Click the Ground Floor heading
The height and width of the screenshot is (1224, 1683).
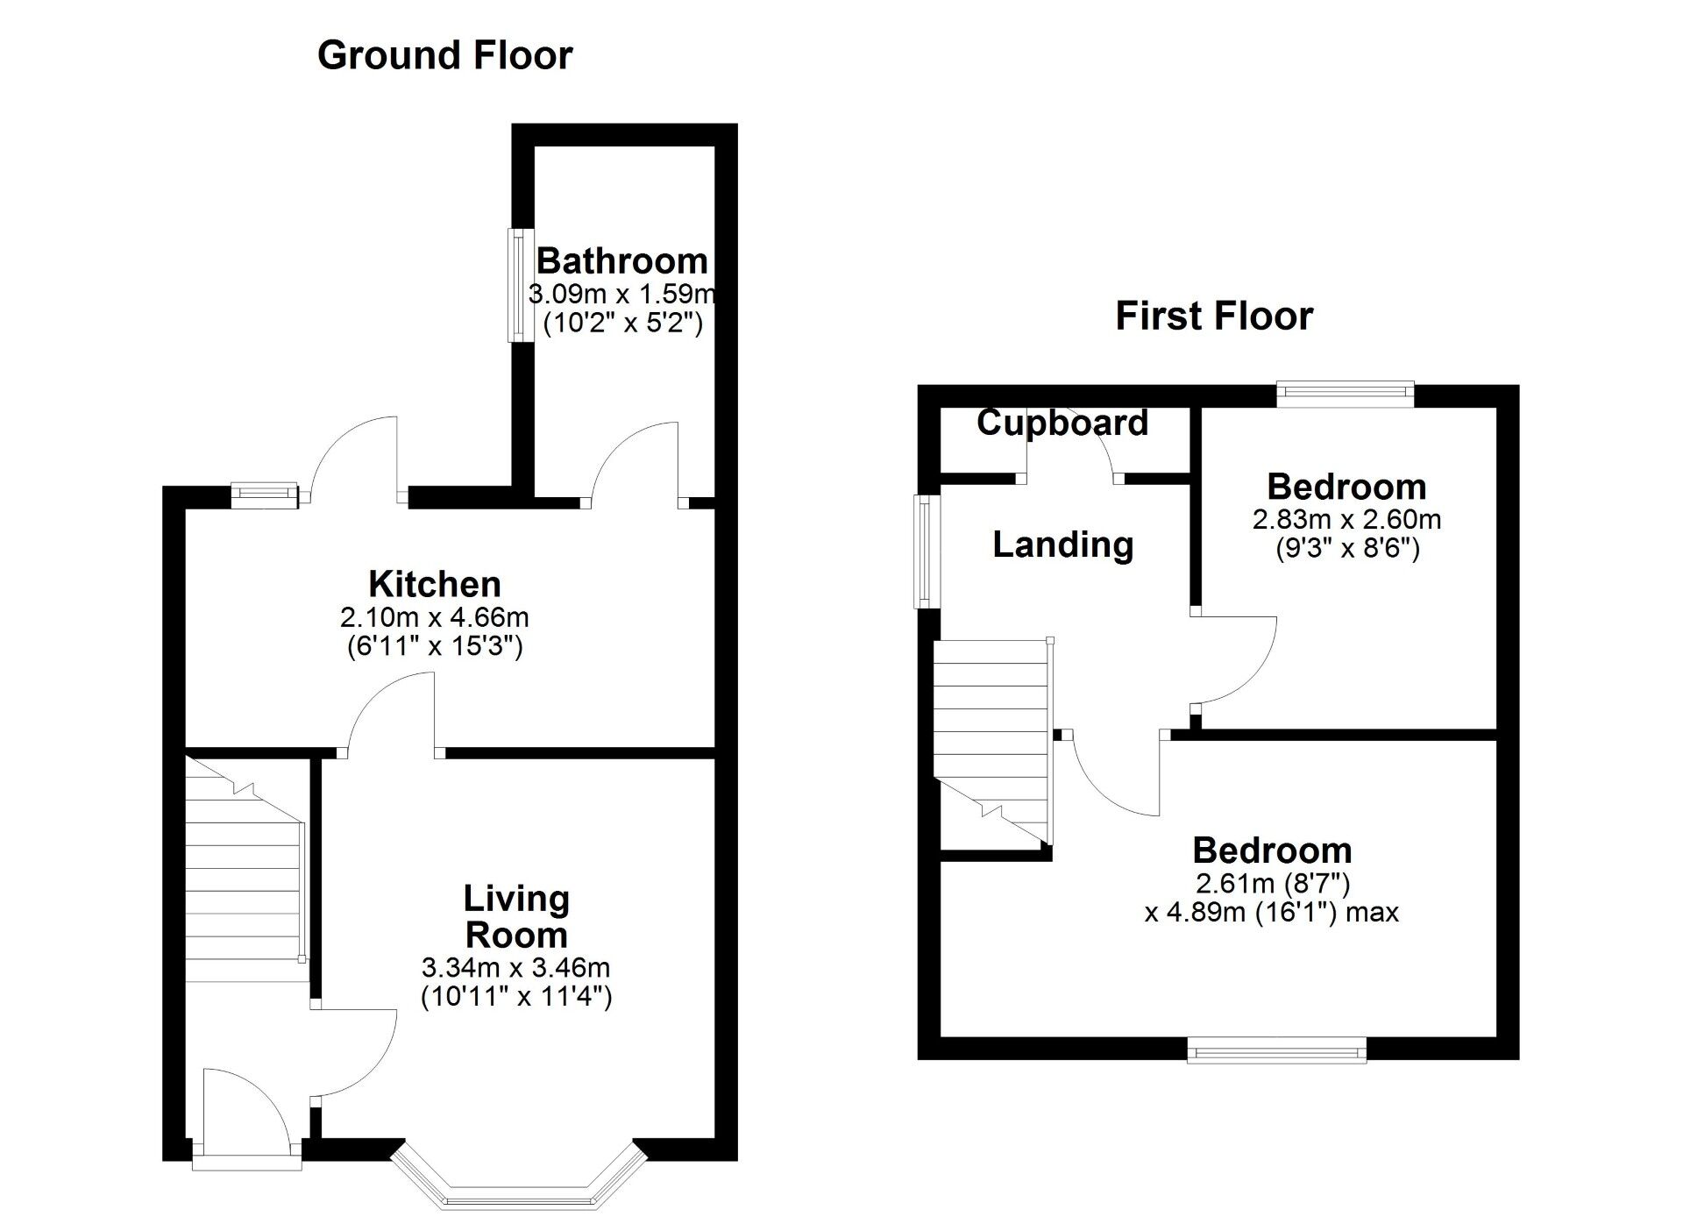pyautogui.click(x=444, y=55)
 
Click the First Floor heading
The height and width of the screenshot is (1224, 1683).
pyautogui.click(x=1213, y=317)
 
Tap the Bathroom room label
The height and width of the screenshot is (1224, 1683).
pyautogui.click(x=621, y=261)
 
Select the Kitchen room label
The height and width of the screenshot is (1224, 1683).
pyautogui.click(x=434, y=584)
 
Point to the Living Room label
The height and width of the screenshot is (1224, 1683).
pyautogui.click(x=516, y=917)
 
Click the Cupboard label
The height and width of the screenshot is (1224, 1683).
pyautogui.click(x=1062, y=423)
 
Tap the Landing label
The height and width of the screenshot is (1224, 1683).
pyautogui.click(x=1062, y=545)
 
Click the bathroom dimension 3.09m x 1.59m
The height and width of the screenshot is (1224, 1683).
pyautogui.click(x=621, y=294)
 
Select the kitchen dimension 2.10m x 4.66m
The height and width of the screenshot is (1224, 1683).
pyautogui.click(x=434, y=617)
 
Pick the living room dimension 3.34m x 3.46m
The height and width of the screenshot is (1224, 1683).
pyautogui.click(x=515, y=968)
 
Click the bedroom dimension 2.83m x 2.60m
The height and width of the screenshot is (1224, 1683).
pyautogui.click(x=1346, y=520)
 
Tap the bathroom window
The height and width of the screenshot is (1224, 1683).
pyautogui.click(x=522, y=285)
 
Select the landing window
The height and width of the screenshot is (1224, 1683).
pyautogui.click(x=924, y=552)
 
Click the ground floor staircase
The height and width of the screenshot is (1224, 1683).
pyautogui.click(x=244, y=877)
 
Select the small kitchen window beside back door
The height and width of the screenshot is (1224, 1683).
pyautogui.click(x=265, y=495)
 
